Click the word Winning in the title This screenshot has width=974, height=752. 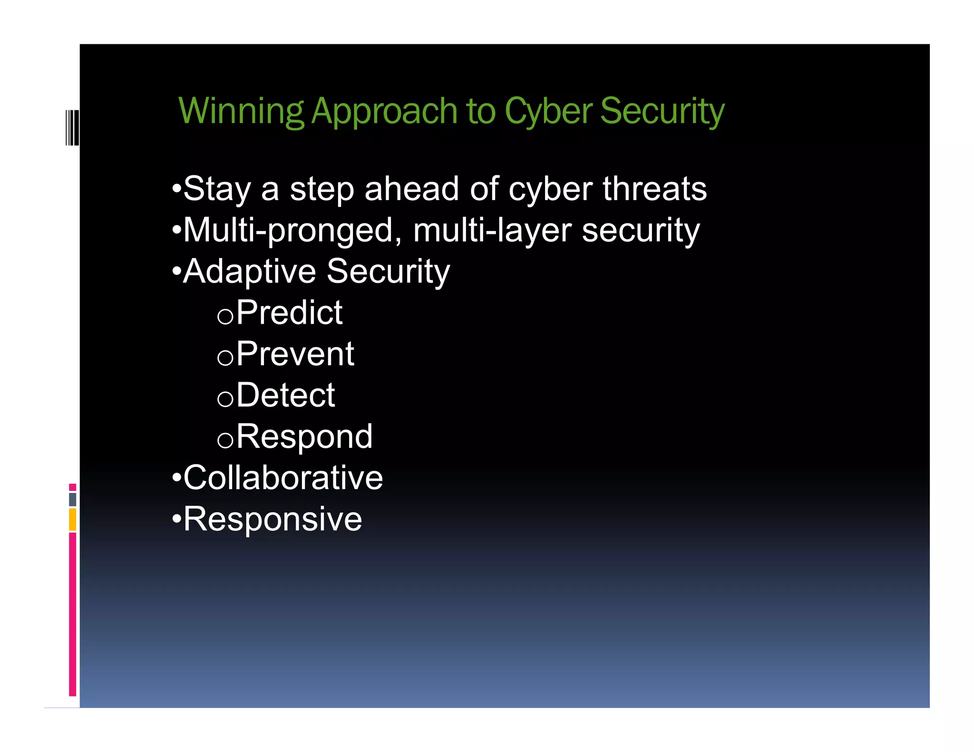coord(241,111)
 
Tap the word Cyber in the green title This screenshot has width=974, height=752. coord(548,111)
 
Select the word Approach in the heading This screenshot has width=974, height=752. coord(384,111)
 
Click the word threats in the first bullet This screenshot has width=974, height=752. coord(655,189)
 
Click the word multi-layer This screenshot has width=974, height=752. coord(492,231)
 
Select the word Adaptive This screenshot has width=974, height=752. coord(250,271)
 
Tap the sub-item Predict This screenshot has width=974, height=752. coord(289,313)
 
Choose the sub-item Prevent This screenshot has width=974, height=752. coord(295,354)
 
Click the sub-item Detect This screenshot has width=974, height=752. coord(285,395)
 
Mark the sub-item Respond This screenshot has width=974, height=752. coord(304,436)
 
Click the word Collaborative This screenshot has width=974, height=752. coord(283,478)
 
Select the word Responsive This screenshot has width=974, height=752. coord(273,519)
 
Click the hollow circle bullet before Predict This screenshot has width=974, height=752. coord(225,316)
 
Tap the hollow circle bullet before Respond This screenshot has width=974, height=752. coord(225,440)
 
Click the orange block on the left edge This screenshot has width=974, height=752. coord(72,520)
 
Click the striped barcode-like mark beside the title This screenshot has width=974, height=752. coord(72,127)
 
